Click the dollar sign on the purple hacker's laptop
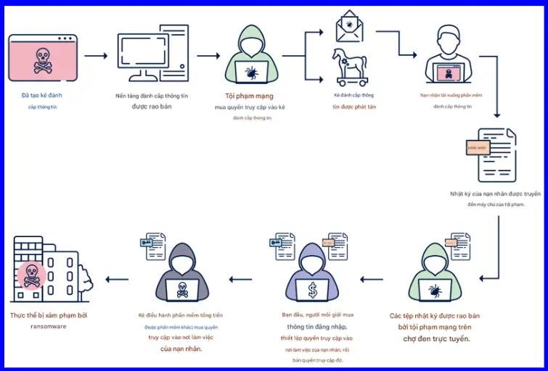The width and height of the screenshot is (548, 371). click(x=312, y=290)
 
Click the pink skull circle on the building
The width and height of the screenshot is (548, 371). click(x=30, y=275)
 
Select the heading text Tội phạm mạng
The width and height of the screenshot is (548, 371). click(x=249, y=96)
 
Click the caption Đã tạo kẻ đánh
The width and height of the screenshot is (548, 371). click(x=41, y=96)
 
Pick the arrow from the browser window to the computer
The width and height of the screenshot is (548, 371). click(x=95, y=55)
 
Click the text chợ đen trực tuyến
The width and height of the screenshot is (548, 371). click(x=434, y=338)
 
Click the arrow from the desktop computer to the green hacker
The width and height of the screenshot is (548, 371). click(x=208, y=55)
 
